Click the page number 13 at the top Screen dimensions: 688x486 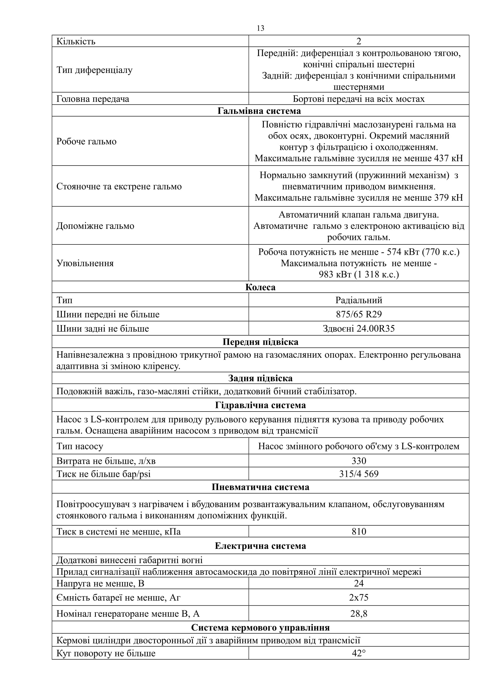260,28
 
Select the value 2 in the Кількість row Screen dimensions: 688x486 358,41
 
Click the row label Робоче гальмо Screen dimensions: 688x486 86,141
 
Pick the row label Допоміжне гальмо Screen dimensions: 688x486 95,226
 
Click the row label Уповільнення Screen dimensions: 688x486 85,263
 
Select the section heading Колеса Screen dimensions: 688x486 260,287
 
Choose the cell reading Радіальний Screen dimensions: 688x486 358,300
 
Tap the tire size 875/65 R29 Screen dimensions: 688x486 358,314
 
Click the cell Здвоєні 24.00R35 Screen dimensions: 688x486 358,329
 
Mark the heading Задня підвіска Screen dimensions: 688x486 260,378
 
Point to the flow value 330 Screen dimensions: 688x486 358,461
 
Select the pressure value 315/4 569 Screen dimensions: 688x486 358,474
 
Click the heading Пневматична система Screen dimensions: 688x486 260,487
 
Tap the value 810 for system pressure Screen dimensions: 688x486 358,532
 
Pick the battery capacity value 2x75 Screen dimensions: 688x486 358,597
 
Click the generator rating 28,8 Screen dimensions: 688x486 358,614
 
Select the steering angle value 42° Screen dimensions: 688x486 358,653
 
